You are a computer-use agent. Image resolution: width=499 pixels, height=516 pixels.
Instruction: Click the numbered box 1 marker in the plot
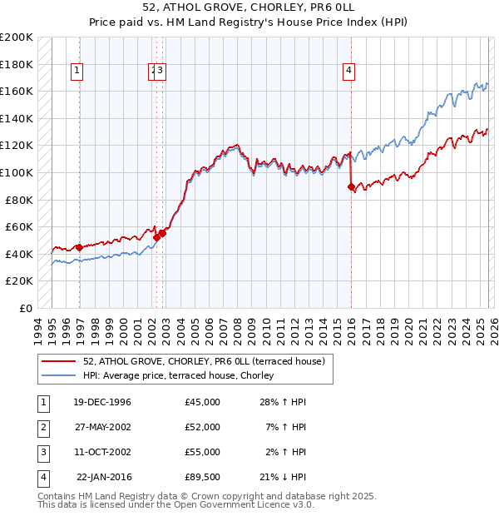76,72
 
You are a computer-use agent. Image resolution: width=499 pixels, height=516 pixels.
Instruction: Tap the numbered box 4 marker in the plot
348,72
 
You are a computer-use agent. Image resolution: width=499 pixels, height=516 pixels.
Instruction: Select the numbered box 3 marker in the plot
161,72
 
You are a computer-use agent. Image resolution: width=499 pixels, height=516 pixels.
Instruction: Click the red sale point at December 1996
79,247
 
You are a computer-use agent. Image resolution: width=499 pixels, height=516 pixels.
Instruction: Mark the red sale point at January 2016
351,186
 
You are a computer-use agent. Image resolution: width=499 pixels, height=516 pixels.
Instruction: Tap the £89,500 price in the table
203,477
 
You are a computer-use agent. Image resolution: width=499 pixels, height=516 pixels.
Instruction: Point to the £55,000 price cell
203,452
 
